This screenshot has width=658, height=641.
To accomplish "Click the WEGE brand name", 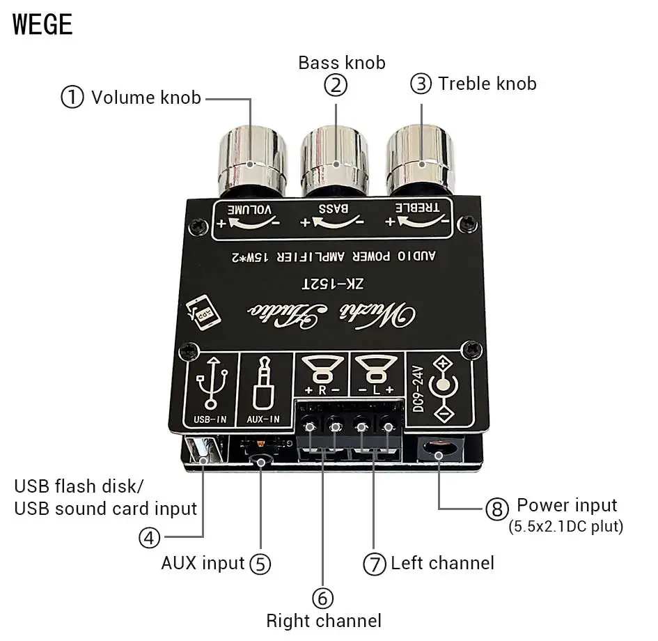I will tap(42, 24).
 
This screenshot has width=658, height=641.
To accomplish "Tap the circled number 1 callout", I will tap(72, 97).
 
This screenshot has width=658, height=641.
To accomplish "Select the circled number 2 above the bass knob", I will tap(336, 85).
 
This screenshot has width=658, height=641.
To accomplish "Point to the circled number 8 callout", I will tap(496, 509).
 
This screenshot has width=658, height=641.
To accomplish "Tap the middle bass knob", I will tap(336, 157).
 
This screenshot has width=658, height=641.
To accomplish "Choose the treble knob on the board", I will tap(421, 157).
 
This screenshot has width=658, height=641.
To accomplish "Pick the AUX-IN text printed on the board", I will tap(263, 419).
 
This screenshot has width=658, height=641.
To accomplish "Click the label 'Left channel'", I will tap(442, 563).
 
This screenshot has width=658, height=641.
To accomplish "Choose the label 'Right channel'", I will tap(324, 620).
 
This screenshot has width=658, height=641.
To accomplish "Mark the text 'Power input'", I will tap(567, 505).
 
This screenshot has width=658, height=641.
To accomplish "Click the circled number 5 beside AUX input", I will tap(260, 563).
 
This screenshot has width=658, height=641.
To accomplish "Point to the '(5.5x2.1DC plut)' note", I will tap(565, 527).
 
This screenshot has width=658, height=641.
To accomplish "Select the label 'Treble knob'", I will tap(487, 84).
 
